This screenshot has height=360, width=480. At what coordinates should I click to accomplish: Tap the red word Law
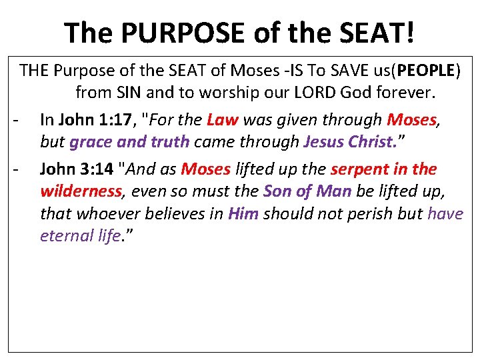tap(223, 120)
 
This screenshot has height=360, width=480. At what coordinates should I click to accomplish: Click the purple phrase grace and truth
tap(129, 143)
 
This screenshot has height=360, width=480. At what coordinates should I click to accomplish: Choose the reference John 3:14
tap(77, 169)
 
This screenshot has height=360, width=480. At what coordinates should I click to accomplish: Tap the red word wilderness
tap(81, 192)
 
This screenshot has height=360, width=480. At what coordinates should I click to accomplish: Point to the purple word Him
tap(244, 214)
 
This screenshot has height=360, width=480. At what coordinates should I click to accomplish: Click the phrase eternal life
tap(80, 236)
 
